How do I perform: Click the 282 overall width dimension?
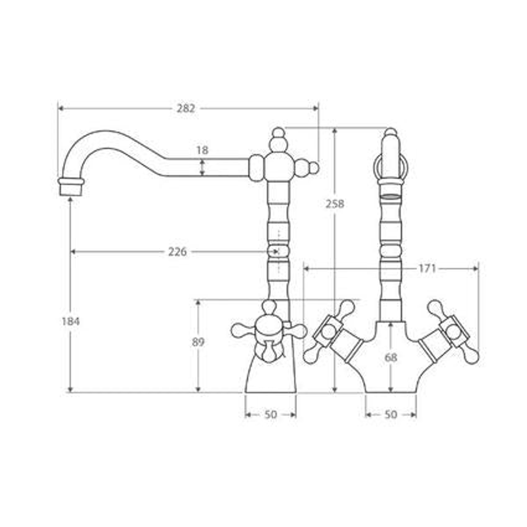pyautogui.click(x=186, y=108)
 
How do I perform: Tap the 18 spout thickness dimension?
pyautogui.click(x=202, y=150)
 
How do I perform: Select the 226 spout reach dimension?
pyautogui.click(x=178, y=252)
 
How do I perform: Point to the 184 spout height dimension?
pyautogui.click(x=71, y=321)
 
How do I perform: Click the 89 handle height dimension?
pyautogui.click(x=198, y=342)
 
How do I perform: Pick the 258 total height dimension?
pyautogui.click(x=335, y=203)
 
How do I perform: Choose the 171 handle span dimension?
pyautogui.click(x=427, y=268)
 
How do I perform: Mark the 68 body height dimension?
pyautogui.click(x=390, y=358)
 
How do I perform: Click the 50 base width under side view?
pyautogui.click(x=270, y=415)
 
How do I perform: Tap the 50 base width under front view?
pyautogui.click(x=391, y=415)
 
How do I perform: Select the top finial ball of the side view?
pyautogui.click(x=278, y=132)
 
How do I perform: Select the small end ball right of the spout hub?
pyautogui.click(x=314, y=168)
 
